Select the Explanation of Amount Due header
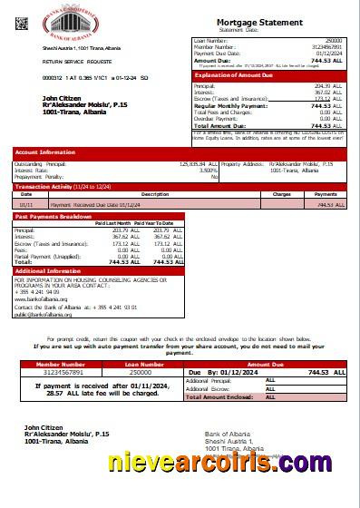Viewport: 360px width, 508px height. point(233,76)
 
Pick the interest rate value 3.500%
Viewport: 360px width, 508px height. point(208,170)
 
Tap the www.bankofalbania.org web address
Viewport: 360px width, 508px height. point(41,297)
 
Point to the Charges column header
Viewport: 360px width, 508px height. point(281,194)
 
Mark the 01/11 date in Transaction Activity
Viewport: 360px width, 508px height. point(26,205)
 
